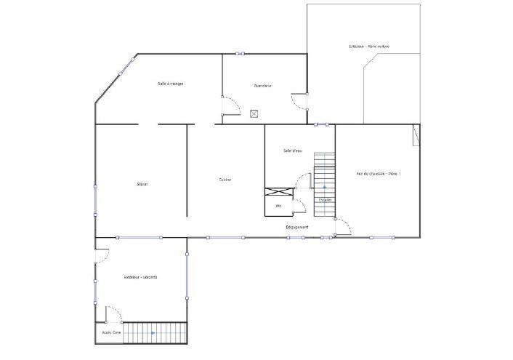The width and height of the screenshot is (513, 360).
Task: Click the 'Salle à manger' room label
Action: pyautogui.click(x=171, y=84)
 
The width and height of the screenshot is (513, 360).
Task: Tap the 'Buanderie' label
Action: pyautogui.click(x=262, y=86)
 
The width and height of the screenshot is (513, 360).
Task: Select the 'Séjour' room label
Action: pyautogui.click(x=142, y=184)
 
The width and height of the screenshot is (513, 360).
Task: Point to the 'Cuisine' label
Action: pyautogui.click(x=225, y=180)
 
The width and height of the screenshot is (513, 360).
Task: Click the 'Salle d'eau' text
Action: pyautogui.click(x=292, y=151)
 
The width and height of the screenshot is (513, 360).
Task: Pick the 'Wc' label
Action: pyautogui.click(x=278, y=206)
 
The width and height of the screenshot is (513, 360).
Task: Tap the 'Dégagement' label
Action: pyautogui.click(x=296, y=227)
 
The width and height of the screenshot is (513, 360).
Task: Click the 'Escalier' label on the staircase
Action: pyautogui.click(x=325, y=199)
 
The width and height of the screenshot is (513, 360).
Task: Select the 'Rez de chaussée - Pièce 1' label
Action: pyautogui.click(x=378, y=174)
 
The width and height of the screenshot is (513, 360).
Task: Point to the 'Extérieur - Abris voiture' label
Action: pyautogui.click(x=368, y=47)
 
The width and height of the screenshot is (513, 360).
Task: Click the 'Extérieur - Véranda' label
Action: pyautogui.click(x=140, y=277)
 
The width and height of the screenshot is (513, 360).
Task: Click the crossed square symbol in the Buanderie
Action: pyautogui.click(x=254, y=113)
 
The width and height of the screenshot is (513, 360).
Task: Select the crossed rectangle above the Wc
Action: pyautogui.click(x=278, y=193)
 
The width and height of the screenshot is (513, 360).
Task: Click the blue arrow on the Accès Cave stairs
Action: pyautogui.click(x=153, y=333)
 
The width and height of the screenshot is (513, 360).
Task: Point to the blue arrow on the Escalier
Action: pyautogui.click(x=325, y=188)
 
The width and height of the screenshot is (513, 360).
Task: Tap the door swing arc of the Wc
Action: pyautogui.click(x=299, y=206)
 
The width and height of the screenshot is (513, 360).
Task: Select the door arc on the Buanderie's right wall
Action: pyautogui.click(x=298, y=100)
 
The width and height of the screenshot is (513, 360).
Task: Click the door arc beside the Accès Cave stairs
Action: pyautogui.click(x=114, y=314)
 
